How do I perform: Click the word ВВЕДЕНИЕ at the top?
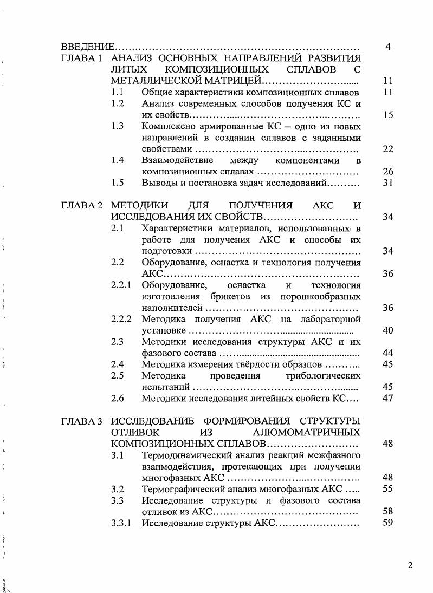[x=87, y=47]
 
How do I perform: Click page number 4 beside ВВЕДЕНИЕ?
[x=388, y=47]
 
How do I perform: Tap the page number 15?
[x=387, y=115]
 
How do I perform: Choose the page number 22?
[x=387, y=149]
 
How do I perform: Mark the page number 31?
[x=387, y=183]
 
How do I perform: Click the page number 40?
[x=387, y=330]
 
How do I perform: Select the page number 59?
[x=387, y=524]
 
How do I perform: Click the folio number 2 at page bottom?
[x=410, y=566]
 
